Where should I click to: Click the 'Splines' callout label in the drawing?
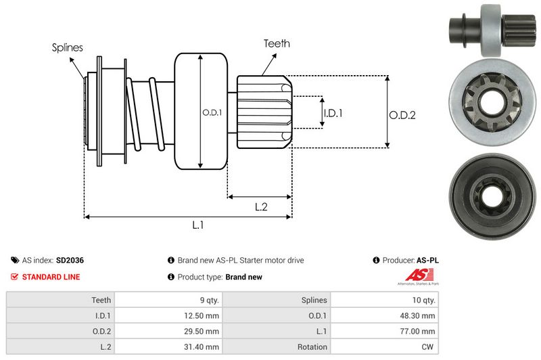(x=68, y=47)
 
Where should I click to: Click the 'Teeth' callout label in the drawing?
(x=277, y=43)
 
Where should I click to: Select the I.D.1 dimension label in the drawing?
(x=332, y=113)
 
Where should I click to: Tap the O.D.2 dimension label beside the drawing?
(x=402, y=115)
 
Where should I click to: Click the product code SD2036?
(x=70, y=260)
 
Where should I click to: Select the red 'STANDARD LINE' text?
(x=51, y=277)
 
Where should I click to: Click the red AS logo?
(x=414, y=275)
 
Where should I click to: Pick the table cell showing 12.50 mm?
(x=204, y=315)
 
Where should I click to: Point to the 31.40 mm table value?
(x=204, y=346)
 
